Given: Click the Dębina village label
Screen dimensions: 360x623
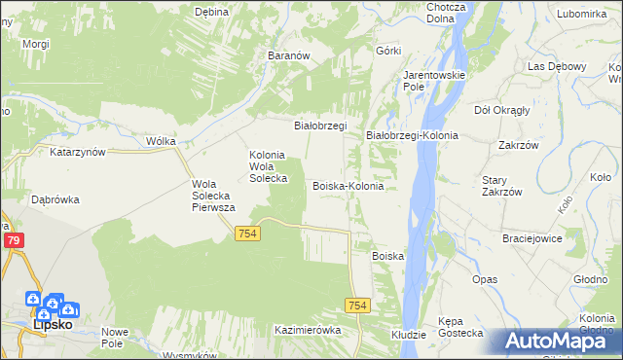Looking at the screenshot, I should [x=210, y=12].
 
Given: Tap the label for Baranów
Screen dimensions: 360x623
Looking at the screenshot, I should [x=288, y=56].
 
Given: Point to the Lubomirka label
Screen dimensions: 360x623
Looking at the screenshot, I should [x=581, y=14].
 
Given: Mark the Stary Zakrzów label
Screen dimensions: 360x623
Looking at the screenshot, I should [x=502, y=186].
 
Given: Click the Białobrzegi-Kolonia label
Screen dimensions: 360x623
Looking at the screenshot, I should [x=412, y=135].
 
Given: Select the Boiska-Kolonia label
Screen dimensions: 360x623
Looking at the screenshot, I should [x=348, y=185].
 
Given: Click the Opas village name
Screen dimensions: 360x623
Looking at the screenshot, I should [x=485, y=279].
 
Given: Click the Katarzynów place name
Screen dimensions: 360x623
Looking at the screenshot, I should [x=77, y=153].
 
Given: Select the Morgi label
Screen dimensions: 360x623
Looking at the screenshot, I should [x=36, y=45].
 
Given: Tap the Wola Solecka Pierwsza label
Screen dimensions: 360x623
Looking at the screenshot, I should [x=214, y=195].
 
